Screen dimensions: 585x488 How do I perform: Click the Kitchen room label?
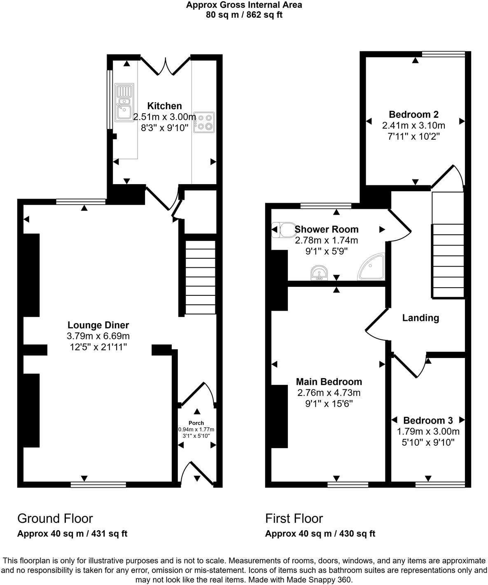[x=164, y=106]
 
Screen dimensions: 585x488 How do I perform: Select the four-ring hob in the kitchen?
[x=204, y=122]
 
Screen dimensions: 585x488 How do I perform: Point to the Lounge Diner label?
[x=98, y=325]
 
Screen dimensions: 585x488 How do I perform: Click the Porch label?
[x=196, y=423]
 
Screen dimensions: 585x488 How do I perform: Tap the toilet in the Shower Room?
[x=281, y=230]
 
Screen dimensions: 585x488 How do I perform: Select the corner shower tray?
[x=372, y=267]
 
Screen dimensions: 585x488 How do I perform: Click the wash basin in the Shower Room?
[x=319, y=273]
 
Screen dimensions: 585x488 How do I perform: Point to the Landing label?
[x=420, y=318]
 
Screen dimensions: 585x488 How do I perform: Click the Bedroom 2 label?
[x=413, y=114]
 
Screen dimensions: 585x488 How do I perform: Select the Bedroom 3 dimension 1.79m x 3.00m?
[x=428, y=431]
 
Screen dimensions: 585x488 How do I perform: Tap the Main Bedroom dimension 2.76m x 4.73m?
[x=329, y=393]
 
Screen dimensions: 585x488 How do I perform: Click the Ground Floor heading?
[x=55, y=518]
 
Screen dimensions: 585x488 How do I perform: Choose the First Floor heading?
[x=294, y=518]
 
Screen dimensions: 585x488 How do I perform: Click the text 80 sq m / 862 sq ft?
[x=244, y=15]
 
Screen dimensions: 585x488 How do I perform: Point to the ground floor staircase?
[x=201, y=278]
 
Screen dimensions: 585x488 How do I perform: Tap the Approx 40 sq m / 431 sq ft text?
[x=72, y=534]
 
